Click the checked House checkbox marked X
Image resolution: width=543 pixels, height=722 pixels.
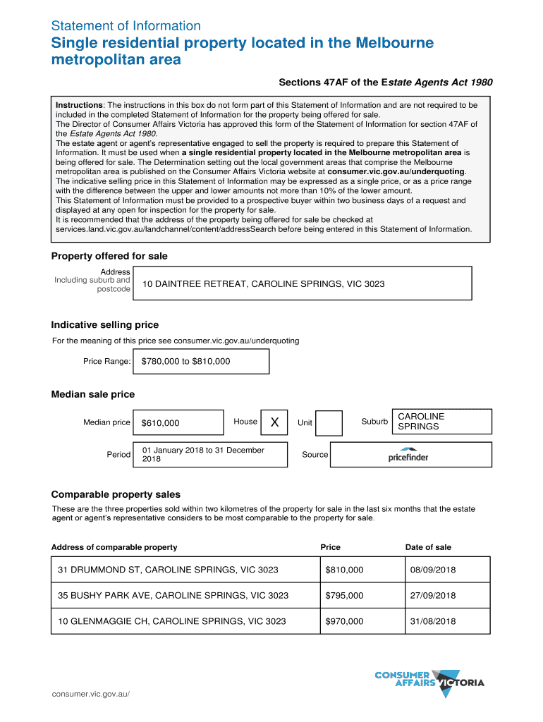[x=275, y=422]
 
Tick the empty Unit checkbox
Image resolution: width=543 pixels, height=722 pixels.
[x=329, y=423]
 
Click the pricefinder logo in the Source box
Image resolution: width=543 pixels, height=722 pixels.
[x=408, y=455]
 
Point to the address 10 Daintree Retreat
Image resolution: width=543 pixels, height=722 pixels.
[x=264, y=284]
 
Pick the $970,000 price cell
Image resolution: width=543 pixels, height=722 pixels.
[x=344, y=621]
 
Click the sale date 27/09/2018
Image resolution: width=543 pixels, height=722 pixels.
[x=432, y=595]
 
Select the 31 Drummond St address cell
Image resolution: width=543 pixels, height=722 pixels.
[x=169, y=569]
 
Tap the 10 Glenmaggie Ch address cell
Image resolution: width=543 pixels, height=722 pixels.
[x=172, y=621]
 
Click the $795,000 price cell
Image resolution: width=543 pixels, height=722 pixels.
[x=344, y=595]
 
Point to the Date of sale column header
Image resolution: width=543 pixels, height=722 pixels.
[x=428, y=547]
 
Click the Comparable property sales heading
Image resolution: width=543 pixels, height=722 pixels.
[x=116, y=494]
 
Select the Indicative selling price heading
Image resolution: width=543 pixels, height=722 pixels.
[x=105, y=325]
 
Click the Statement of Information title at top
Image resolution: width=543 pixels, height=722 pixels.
[x=126, y=26]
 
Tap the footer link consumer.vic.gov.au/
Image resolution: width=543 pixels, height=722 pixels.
[x=91, y=694]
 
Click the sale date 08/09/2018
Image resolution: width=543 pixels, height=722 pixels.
[x=432, y=569]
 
